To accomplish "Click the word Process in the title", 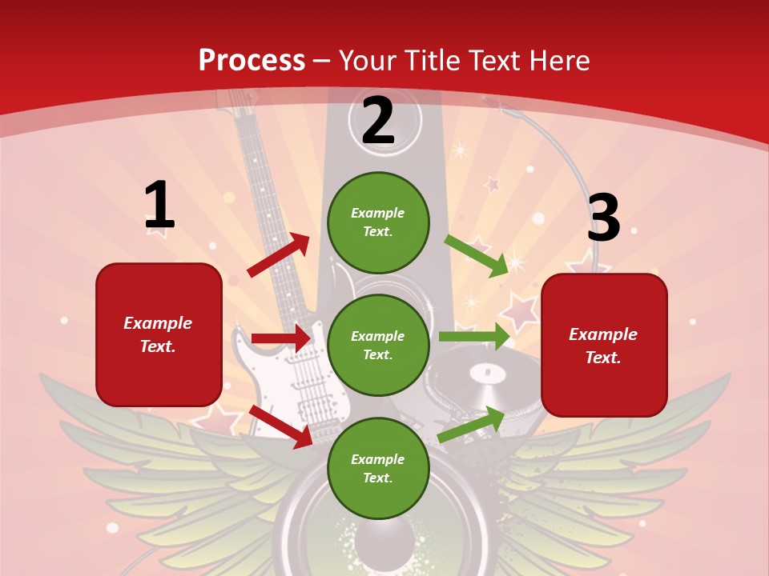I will coord(252,61).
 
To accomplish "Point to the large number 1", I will coord(159,206).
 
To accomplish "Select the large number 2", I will coord(378,121).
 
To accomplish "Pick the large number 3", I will coord(603,218).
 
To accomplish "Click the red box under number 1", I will coord(159,334).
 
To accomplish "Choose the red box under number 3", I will coord(604,346).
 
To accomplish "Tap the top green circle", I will coord(378,222).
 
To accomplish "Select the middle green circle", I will coord(378,346).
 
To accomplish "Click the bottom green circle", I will coord(378,469).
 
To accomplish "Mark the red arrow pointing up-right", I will coord(279,255).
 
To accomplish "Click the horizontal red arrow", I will coord(280,338).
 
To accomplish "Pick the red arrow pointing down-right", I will coord(281,426).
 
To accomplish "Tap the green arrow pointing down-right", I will coord(477,256).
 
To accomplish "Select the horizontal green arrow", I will coord(474,337).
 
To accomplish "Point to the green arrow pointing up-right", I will coord(471,424).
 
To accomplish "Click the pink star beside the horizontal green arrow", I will coord(521,310).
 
